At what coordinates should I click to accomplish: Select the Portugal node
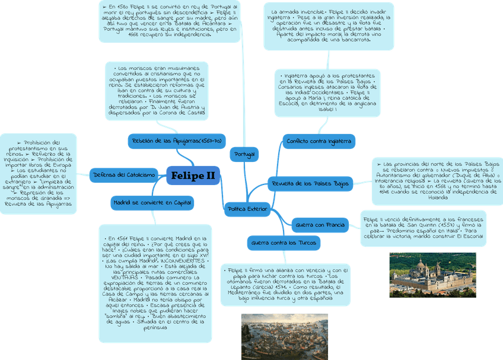coord(244,154)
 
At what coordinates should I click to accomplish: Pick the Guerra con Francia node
coord(319,225)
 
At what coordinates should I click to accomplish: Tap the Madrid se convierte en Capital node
coord(152,203)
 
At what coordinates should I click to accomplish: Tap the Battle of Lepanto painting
coord(284,336)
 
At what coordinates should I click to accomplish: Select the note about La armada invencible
coord(328,26)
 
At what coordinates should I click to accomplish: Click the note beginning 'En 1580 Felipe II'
coord(170,21)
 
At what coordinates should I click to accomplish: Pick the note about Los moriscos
coord(156,90)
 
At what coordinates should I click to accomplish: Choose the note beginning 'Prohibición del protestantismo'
coord(39,173)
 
